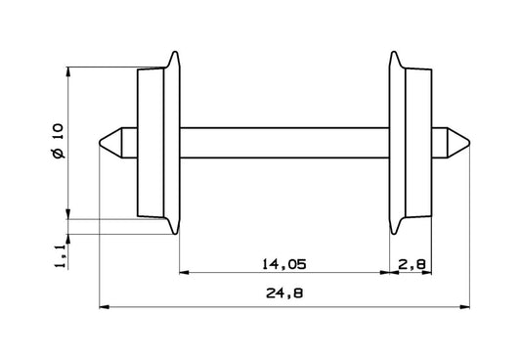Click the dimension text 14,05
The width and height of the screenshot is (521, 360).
point(284,262)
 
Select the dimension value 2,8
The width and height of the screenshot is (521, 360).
point(412,262)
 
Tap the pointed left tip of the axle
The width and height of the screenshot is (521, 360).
point(103,143)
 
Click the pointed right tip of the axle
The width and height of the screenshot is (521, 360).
point(468,143)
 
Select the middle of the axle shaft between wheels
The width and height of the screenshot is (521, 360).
point(284,143)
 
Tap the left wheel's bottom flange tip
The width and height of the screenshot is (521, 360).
point(175,234)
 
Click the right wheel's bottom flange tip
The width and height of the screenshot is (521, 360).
point(393,234)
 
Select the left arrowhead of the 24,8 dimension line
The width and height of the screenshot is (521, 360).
point(107,307)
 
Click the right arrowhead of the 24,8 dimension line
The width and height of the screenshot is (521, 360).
point(464,307)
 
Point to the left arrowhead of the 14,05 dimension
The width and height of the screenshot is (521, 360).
point(182,274)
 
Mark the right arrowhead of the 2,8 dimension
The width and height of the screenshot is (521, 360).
point(429,274)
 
